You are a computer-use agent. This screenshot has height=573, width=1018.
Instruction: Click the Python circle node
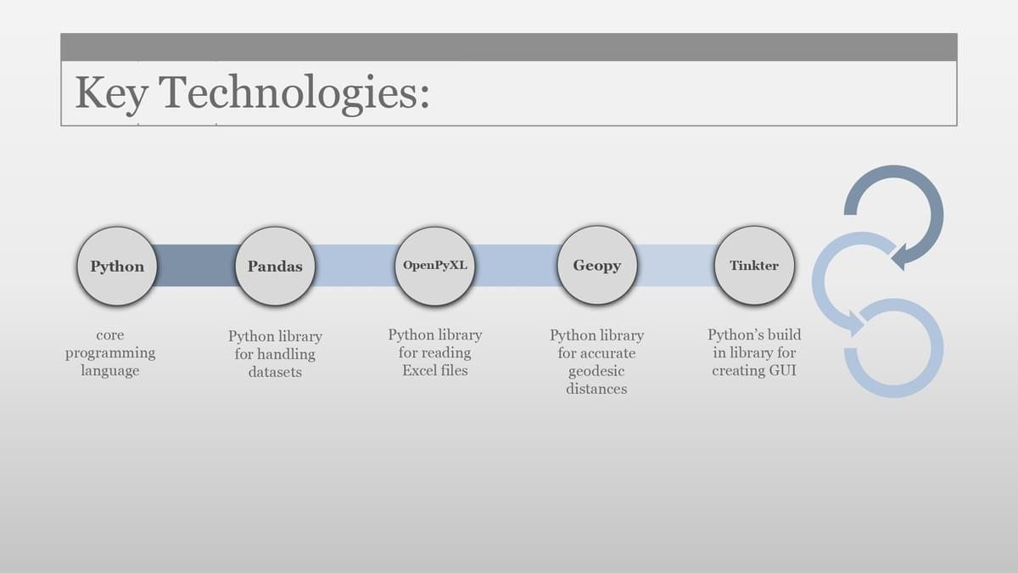point(117,266)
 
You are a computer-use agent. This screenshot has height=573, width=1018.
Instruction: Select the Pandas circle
point(275,266)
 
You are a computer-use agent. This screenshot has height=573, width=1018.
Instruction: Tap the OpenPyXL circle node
point(435,266)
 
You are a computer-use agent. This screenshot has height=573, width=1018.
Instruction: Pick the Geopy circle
point(596,265)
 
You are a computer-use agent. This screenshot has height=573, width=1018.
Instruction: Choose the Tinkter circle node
point(754,265)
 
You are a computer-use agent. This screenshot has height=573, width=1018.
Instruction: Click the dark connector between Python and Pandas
point(196,266)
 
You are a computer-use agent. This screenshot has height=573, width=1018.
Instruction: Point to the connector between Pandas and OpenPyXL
point(355,266)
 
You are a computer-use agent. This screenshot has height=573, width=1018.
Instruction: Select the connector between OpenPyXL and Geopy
point(516,266)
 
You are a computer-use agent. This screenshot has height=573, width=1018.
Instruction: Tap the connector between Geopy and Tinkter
point(676,266)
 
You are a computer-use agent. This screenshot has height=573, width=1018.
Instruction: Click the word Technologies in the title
point(294,93)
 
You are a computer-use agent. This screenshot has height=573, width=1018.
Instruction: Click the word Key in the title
point(111,93)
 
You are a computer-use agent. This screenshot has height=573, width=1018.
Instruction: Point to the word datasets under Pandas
point(275,372)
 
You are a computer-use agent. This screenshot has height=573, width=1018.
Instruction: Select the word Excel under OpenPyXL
point(419,370)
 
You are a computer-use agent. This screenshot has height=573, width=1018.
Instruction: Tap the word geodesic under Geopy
point(596,371)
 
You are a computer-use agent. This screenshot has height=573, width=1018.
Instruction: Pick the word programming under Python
point(110,353)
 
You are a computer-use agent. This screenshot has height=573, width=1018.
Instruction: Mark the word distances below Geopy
point(596,389)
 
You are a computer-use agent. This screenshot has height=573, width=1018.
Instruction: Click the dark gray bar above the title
point(509,47)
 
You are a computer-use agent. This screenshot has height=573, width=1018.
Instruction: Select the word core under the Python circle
point(110,335)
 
